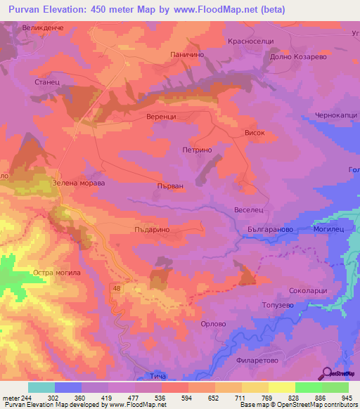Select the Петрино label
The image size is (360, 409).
click(x=197, y=150)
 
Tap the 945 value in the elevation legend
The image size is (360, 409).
click(x=342, y=398)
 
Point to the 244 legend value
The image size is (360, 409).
click(x=22, y=398)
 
